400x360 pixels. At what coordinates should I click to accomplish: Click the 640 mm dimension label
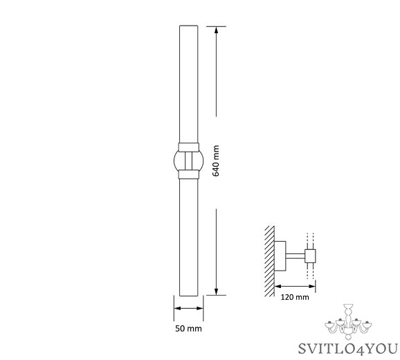tap(216, 161)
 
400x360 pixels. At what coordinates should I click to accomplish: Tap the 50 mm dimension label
tap(188, 328)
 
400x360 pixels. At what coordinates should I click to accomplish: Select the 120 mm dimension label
tap(295, 297)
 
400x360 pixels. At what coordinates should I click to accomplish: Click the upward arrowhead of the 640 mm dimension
tap(217, 30)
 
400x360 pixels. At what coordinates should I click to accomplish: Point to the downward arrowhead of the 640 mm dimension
tap(217, 292)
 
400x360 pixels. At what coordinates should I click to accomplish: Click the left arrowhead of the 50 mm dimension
tap(177, 308)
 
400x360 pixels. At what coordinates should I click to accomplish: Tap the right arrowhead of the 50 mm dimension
tap(200, 308)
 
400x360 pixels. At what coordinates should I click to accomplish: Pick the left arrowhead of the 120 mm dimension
tap(278, 286)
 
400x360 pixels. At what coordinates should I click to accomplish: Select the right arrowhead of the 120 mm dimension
tap(312, 286)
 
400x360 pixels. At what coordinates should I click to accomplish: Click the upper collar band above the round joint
tap(188, 147)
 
